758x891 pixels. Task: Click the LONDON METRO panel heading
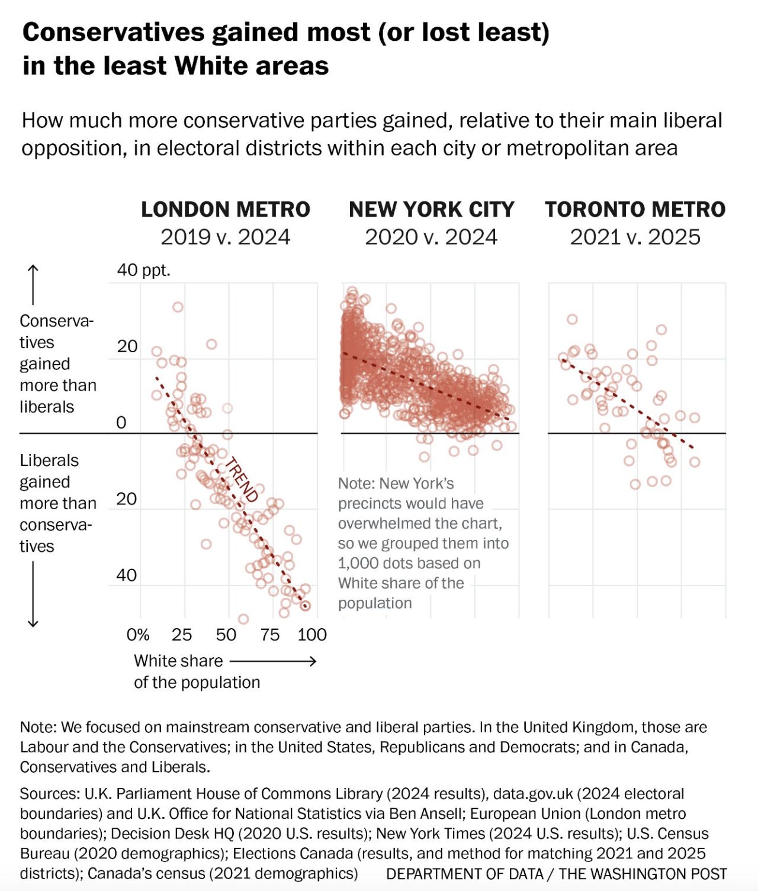pyautogui.click(x=225, y=210)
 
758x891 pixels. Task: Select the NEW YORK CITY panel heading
pyautogui.click(x=431, y=210)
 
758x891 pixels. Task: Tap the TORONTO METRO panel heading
pyautogui.click(x=635, y=210)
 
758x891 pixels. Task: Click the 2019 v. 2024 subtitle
pyautogui.click(x=225, y=237)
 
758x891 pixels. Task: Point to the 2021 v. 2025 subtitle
pyautogui.click(x=635, y=237)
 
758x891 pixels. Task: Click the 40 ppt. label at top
pyautogui.click(x=143, y=271)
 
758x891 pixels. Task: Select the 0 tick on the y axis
pyautogui.click(x=121, y=423)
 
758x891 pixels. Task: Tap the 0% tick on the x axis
pyautogui.click(x=137, y=635)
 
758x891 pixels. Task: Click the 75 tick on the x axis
pyautogui.click(x=269, y=635)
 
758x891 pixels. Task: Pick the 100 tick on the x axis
pyautogui.click(x=311, y=635)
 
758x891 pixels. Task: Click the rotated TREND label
pyautogui.click(x=242, y=480)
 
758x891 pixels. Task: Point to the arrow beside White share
pyautogui.click(x=273, y=661)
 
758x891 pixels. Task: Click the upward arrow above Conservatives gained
pyautogui.click(x=33, y=285)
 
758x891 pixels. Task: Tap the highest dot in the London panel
pyautogui.click(x=178, y=307)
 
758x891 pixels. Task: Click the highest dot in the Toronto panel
pyautogui.click(x=572, y=319)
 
